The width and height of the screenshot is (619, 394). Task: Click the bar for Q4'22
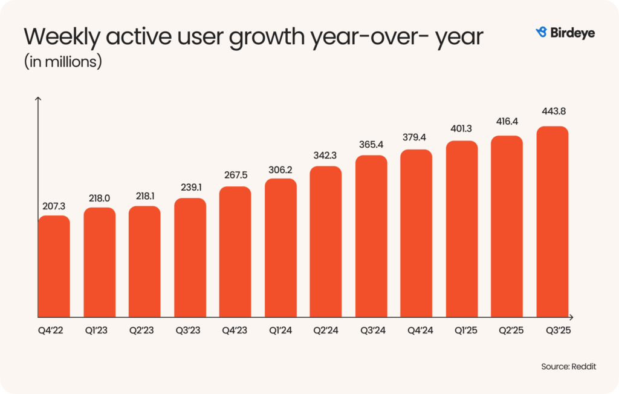[54, 266]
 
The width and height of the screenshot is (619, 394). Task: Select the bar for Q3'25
[553, 222]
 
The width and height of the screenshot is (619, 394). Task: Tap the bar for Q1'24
[280, 248]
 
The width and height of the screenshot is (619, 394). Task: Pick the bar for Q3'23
[190, 257]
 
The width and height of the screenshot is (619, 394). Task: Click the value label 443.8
[553, 111]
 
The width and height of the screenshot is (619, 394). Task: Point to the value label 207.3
[54, 206]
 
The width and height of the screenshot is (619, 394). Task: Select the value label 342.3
[326, 156]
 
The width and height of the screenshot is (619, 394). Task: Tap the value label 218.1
[144, 196]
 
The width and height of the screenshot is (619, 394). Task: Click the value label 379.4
[416, 137]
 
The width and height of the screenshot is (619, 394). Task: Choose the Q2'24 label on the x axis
[326, 331]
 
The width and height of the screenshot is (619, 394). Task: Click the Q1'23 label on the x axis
[99, 331]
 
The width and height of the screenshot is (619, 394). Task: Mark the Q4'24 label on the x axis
[416, 331]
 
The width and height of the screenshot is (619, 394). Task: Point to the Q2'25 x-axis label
[507, 331]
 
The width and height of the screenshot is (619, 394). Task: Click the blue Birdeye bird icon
[541, 32]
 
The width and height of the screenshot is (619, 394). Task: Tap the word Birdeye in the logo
[572, 33]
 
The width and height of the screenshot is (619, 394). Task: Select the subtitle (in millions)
[62, 62]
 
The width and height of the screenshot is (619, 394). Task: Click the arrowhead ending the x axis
[571, 317]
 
